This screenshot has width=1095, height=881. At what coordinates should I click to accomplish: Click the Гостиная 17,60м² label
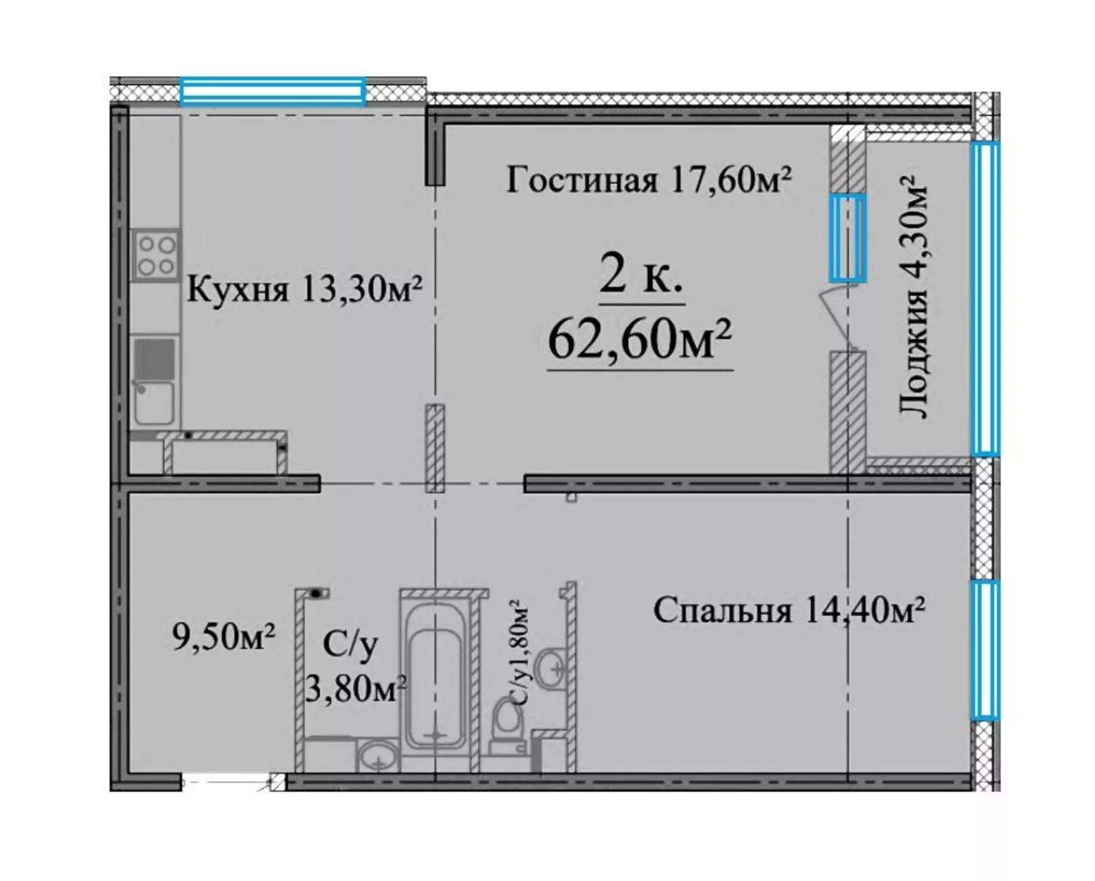(649, 181)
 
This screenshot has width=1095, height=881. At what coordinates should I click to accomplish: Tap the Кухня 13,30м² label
(305, 290)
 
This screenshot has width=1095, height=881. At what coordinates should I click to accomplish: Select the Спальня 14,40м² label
(788, 610)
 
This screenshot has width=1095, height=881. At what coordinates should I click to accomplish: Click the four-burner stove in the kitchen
(157, 255)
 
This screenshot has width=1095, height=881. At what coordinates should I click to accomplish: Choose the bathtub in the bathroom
(435, 687)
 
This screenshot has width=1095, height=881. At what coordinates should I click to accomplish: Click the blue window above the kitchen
(273, 90)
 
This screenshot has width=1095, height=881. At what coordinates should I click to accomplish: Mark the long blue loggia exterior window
(985, 298)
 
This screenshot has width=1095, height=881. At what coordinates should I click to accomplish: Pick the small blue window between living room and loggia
(847, 238)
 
